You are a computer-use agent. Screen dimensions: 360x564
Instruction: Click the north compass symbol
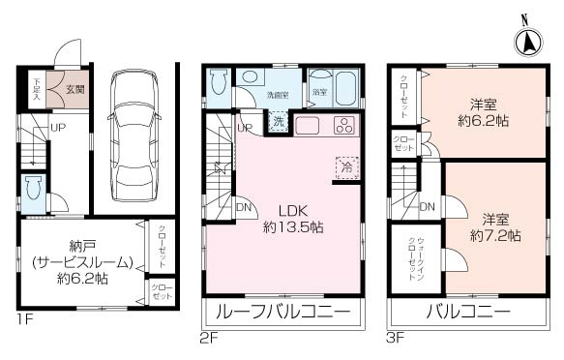coord(528,40)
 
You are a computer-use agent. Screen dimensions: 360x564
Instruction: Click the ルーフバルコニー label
coord(282,312)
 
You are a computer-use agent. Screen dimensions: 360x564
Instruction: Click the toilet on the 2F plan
coord(218,82)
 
